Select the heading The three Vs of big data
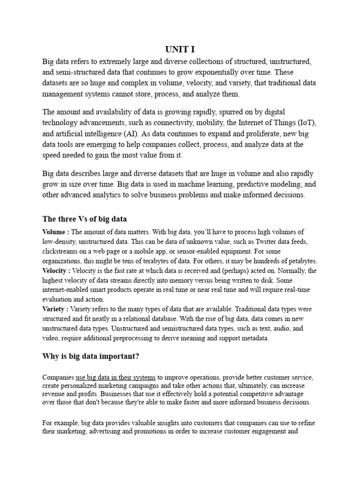[84, 219]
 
